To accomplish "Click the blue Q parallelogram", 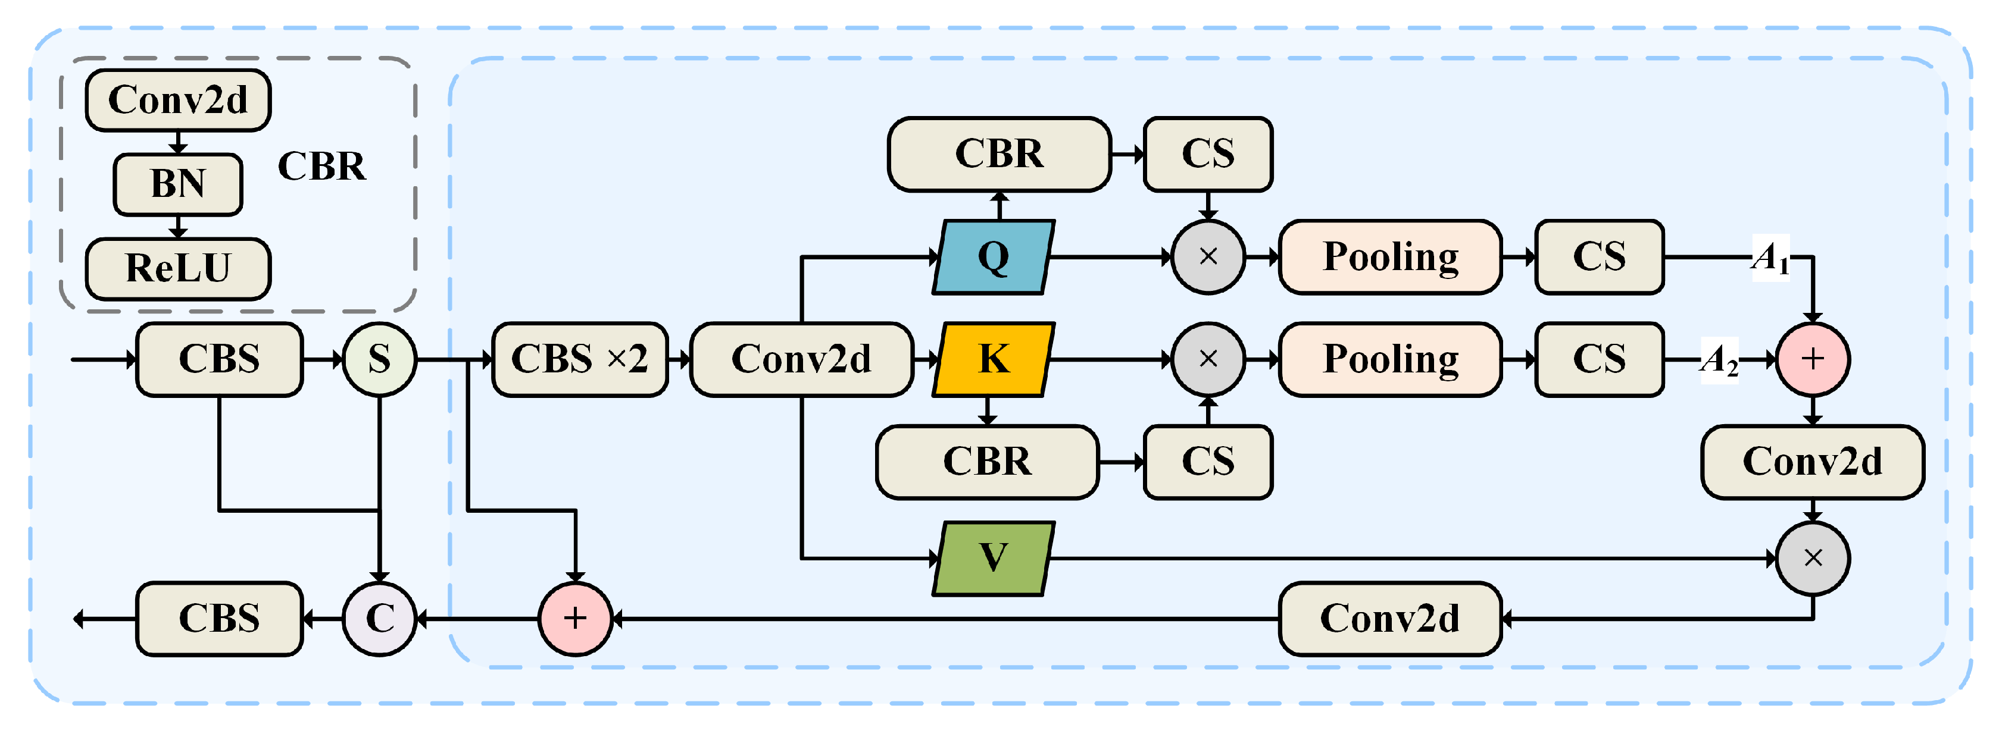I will [x=994, y=257].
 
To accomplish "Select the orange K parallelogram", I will [x=994, y=359].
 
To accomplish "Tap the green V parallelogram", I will [x=994, y=558].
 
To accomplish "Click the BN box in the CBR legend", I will [x=178, y=184].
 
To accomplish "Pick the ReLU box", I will [x=178, y=268].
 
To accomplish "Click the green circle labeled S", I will [x=379, y=359].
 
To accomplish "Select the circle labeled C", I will [x=379, y=618].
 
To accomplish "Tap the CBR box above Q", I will [x=999, y=153].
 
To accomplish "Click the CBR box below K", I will [x=987, y=462].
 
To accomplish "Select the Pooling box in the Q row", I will [x=1390, y=257].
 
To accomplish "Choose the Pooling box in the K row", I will [x=1390, y=359].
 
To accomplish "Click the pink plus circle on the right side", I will [x=1813, y=359].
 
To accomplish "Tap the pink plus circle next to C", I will [x=575, y=618].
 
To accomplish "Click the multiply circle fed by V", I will [x=1813, y=558].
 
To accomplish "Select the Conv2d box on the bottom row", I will [x=1390, y=618].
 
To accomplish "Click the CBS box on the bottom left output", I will [x=219, y=618].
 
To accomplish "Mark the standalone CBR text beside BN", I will [x=321, y=166].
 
